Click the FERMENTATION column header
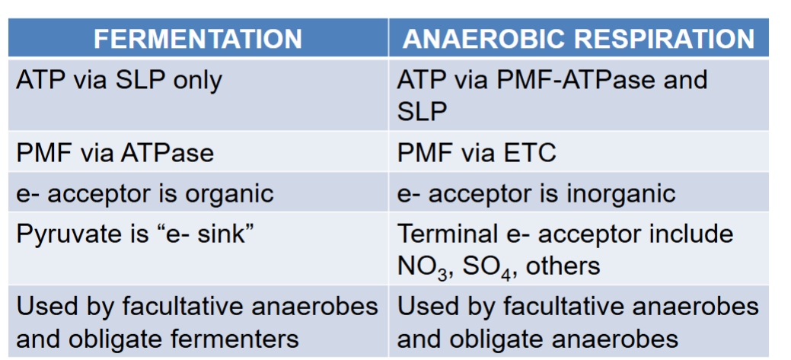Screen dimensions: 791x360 coord(198,39)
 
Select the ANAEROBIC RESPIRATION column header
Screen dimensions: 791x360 coord(579,39)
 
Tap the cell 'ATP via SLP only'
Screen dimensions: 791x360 coord(119,81)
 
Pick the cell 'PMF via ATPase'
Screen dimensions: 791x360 coord(115,152)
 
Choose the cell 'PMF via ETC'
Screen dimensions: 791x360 coord(477,152)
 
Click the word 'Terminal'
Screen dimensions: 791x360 coord(445,234)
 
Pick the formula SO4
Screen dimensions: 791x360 coord(488,266)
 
